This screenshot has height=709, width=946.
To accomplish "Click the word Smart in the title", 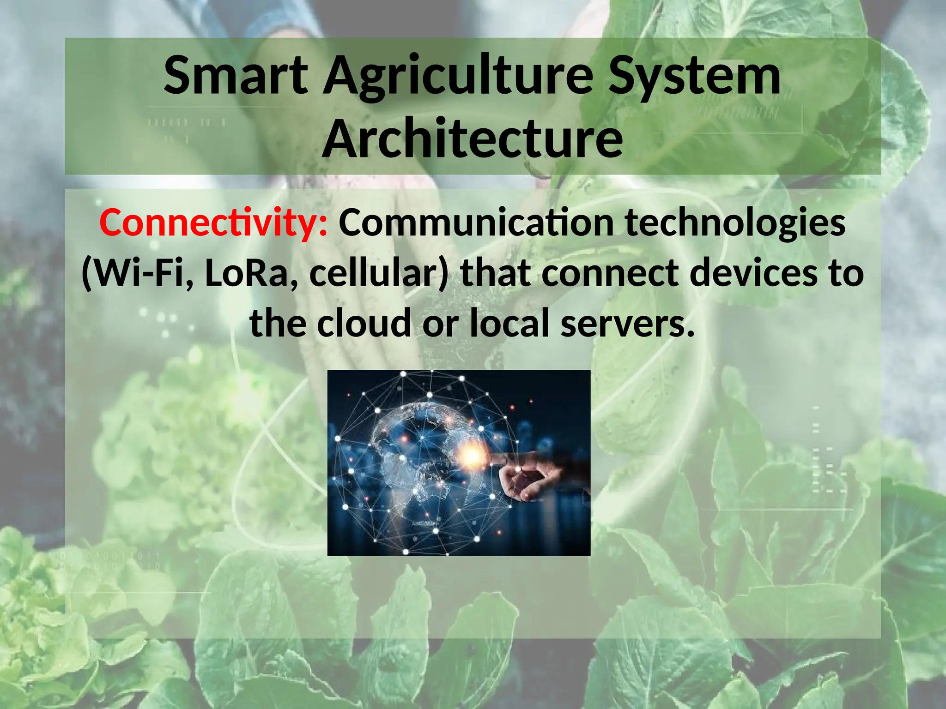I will [x=236, y=76].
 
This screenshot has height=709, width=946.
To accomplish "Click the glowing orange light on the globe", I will [x=472, y=456].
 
